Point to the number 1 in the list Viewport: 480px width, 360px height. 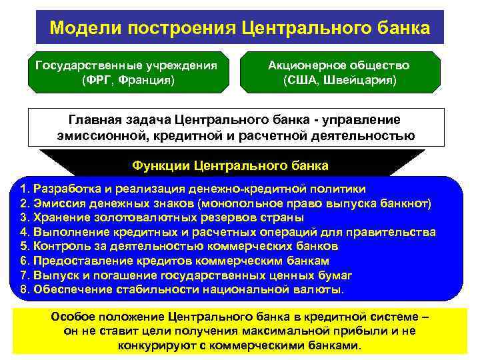(x=24, y=189)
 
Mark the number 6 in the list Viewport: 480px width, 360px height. (x=24, y=261)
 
